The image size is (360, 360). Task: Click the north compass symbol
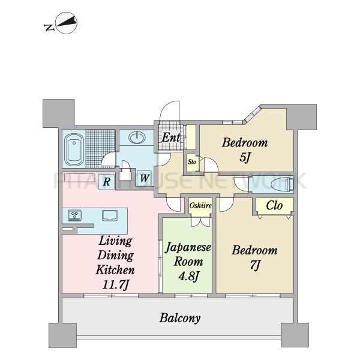67,23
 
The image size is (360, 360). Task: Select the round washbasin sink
137,138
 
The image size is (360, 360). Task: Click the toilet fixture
282,184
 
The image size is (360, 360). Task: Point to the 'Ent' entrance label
171,138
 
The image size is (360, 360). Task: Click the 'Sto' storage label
192,162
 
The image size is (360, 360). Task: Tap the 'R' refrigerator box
107,182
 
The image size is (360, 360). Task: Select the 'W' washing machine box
145,178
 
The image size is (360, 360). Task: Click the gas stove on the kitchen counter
74,215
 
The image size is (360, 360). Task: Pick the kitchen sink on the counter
110,215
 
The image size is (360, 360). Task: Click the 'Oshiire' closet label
200,205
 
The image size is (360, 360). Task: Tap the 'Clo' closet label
274,205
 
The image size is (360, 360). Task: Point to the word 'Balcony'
180,318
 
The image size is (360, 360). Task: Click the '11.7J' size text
115,284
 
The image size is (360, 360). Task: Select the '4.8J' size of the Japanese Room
188,276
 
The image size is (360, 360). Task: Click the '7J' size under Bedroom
255,265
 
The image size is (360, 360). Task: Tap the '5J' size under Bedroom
245,157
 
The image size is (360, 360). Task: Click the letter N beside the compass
49,28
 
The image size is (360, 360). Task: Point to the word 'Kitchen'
115,270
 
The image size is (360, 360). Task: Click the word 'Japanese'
188,248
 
